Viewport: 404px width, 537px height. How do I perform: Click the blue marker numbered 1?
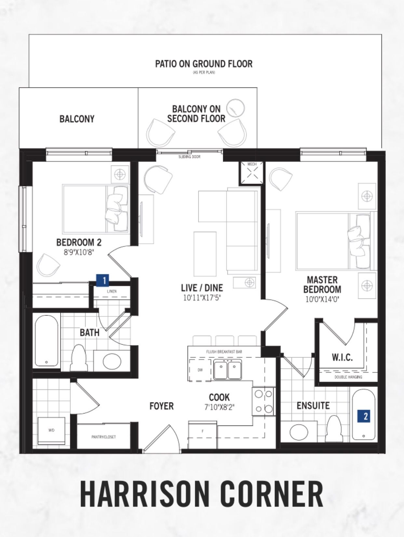pyautogui.click(x=102, y=280)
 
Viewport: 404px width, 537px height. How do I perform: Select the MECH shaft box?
pyautogui.click(x=252, y=173)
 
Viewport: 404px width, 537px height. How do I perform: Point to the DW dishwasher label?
pyautogui.click(x=200, y=370)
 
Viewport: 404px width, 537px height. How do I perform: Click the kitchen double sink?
pyautogui.click(x=227, y=370)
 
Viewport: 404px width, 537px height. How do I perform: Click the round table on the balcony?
pyautogui.click(x=236, y=108)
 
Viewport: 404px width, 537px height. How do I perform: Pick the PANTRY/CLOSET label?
pyautogui.click(x=103, y=437)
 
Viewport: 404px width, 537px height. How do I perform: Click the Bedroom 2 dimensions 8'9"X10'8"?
pyautogui.click(x=79, y=252)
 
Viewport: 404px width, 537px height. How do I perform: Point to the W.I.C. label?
pyautogui.click(x=342, y=358)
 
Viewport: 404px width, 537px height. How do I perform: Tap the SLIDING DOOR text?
pyautogui.click(x=189, y=157)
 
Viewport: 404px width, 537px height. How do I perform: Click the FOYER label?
pyautogui.click(x=161, y=406)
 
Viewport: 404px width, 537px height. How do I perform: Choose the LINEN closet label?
pyautogui.click(x=112, y=291)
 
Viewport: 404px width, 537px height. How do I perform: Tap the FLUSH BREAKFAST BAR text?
pyautogui.click(x=224, y=352)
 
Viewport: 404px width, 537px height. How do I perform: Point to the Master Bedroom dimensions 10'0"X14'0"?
pyautogui.click(x=322, y=299)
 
